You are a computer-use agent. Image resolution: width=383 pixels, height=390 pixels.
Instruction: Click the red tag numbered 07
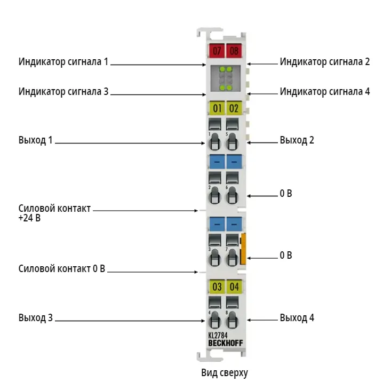tap(217, 51)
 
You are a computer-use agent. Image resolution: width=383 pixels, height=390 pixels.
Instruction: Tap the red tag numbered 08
tap(234, 51)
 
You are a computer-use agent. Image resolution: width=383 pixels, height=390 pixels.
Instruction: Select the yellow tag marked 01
tap(217, 108)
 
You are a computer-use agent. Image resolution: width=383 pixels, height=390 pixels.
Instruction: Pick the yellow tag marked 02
tap(234, 108)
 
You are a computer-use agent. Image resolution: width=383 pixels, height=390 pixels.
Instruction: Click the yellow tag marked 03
tap(217, 286)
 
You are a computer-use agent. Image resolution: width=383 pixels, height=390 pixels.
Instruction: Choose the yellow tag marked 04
tap(234, 286)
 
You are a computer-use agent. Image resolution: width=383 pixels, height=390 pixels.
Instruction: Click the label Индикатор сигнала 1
tap(63, 62)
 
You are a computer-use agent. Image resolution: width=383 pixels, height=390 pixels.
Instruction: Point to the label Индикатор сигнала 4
tap(325, 92)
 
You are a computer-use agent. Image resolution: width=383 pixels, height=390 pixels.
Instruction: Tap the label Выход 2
tap(297, 140)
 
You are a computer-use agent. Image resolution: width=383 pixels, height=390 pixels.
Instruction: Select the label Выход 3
tap(36, 317)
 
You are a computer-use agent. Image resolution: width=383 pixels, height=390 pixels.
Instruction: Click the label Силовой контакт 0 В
tap(62, 268)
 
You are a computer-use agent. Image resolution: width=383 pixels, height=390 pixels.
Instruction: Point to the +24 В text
tap(29, 218)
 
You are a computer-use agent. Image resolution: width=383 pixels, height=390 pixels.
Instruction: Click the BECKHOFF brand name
tap(226, 343)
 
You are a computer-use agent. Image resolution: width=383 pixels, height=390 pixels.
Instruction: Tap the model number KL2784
tap(218, 335)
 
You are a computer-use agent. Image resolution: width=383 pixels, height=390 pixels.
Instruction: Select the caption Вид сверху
tap(225, 373)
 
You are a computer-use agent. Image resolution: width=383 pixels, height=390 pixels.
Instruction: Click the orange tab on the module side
tap(243, 249)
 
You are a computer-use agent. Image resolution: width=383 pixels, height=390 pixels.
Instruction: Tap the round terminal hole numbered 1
tap(214, 142)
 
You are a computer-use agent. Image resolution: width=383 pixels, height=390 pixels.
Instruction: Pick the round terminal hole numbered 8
tap(232, 320)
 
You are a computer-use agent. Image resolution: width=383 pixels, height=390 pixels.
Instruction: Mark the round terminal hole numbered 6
tap(232, 196)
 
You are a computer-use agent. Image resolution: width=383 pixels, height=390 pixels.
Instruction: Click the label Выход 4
tap(297, 317)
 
